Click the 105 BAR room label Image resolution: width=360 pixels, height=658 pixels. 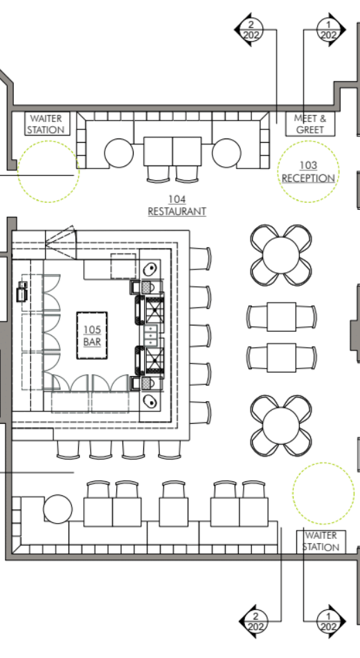(92, 336)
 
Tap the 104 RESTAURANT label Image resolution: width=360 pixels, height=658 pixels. (177, 205)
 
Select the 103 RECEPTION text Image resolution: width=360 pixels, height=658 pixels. (308, 172)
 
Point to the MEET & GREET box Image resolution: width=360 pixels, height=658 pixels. (309, 124)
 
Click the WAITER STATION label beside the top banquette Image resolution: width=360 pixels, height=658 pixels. (46, 124)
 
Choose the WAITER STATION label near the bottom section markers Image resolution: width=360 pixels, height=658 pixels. (321, 541)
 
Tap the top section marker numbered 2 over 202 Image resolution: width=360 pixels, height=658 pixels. (252, 29)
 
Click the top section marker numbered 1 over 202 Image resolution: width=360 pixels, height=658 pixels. (329, 29)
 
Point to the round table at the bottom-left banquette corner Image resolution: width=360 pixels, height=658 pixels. (57, 510)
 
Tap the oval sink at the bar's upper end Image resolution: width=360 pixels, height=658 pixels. (150, 267)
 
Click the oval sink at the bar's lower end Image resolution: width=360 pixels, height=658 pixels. (150, 400)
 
